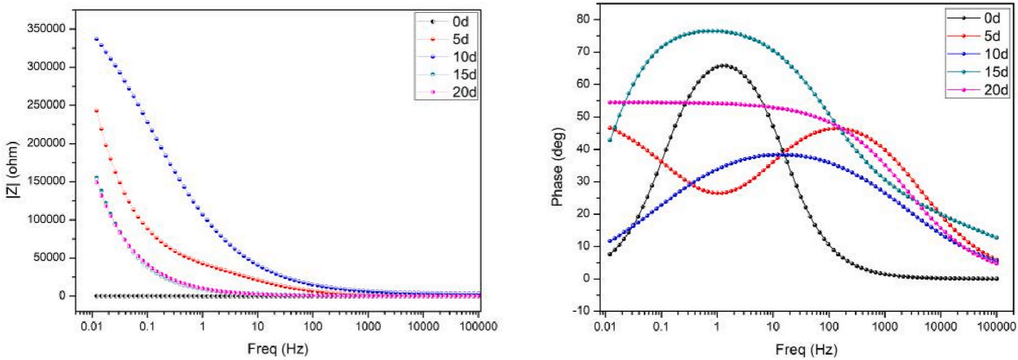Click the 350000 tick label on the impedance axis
tap(46, 28)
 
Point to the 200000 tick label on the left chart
tap(46, 143)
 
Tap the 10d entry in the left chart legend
tap(464, 57)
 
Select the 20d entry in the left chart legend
tap(464, 92)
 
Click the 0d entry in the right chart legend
tap(992, 18)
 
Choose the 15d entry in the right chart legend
tap(996, 72)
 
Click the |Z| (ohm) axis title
tap(12, 169)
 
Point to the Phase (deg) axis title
tap(557, 166)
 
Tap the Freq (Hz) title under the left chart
tap(277, 349)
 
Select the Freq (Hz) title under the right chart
tap(806, 349)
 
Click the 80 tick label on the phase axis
tap(583, 19)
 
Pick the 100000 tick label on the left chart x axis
tap(479, 326)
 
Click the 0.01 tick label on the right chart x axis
tap(605, 326)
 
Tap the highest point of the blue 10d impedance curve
tap(96, 39)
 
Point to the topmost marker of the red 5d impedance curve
tap(96, 110)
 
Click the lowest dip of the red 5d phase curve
tap(719, 193)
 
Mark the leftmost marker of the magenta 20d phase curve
tap(610, 102)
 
